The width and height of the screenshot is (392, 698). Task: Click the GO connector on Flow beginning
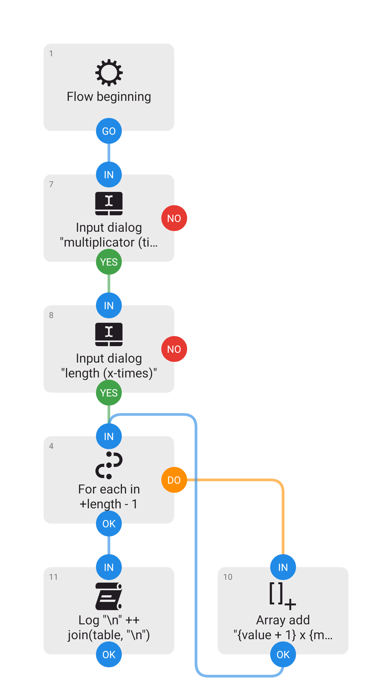tap(109, 131)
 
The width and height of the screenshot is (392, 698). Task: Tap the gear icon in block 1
tap(109, 72)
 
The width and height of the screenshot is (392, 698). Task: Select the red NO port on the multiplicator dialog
tap(174, 218)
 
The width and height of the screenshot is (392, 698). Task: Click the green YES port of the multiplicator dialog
tap(109, 262)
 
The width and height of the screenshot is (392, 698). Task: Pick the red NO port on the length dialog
tap(174, 349)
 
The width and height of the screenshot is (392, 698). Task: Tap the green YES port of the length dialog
tap(109, 393)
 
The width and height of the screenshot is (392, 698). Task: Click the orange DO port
tap(174, 480)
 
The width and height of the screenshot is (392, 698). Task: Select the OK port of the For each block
tap(109, 523)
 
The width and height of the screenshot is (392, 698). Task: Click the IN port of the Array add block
tap(283, 567)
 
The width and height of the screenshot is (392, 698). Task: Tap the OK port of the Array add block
tap(283, 654)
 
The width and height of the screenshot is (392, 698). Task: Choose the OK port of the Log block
tap(109, 654)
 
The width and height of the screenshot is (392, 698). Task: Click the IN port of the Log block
tap(109, 567)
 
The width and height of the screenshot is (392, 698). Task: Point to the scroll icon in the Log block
tap(109, 596)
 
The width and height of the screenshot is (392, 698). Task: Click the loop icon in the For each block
tap(109, 465)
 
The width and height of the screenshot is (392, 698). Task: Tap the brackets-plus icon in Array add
tap(283, 596)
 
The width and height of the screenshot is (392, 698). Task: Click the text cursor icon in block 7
tap(109, 204)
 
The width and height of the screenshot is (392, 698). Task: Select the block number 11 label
tap(53, 577)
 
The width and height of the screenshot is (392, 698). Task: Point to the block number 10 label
tap(228, 577)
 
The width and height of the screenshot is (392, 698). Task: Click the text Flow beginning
tap(109, 97)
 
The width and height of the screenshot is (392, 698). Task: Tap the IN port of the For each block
tap(109, 436)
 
